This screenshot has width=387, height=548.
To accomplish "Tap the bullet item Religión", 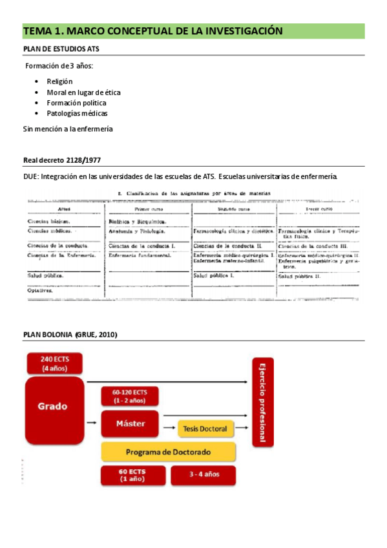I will coord(59,81).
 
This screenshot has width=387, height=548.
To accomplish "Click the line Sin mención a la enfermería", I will coord(68,129).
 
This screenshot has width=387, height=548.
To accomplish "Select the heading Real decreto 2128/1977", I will coord(61,160).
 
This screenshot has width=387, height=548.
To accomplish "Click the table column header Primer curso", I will coord(149,209).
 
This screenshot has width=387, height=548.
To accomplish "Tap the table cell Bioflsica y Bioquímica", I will coord(137,221).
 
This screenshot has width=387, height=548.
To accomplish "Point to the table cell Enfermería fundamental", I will coord(140,256).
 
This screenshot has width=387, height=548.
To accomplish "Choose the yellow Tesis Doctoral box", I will coord(204,428).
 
